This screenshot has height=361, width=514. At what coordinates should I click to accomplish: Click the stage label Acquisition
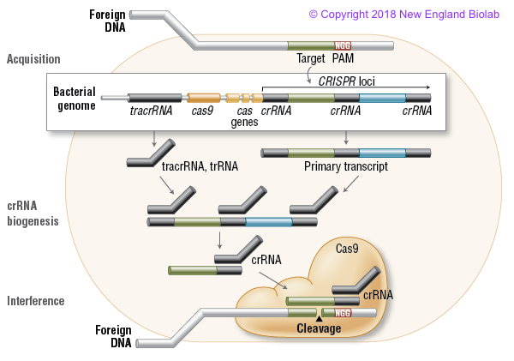click(33, 59)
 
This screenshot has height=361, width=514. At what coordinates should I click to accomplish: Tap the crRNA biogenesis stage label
click(33, 214)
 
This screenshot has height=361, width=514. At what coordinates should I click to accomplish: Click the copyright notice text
click(409, 15)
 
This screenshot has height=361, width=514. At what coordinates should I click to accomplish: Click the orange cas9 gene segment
click(204, 99)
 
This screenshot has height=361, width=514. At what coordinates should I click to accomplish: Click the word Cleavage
click(319, 328)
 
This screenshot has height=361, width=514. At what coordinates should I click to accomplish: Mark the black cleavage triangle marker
click(319, 318)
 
